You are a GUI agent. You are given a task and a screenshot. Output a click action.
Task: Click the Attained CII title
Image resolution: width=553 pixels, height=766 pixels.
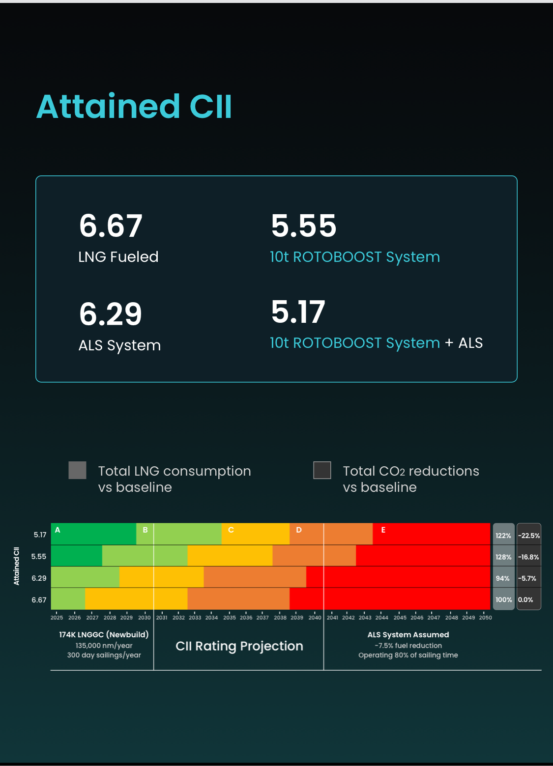134,107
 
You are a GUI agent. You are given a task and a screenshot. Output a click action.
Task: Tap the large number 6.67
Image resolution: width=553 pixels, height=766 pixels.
111,226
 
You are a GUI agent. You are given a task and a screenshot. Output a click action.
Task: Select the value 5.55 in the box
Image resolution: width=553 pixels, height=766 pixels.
304,226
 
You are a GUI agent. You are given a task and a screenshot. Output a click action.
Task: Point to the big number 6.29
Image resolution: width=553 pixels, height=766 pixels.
111,314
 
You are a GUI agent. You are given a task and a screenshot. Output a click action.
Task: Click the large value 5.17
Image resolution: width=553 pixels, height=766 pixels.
298,312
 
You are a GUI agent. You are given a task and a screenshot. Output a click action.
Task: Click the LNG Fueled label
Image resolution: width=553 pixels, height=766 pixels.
118,257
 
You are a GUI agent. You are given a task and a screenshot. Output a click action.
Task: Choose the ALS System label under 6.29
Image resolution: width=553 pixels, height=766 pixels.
119,345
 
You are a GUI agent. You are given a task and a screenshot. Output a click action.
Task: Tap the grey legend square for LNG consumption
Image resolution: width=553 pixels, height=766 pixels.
77,470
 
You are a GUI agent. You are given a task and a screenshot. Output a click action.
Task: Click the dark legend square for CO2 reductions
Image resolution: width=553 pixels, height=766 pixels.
322,470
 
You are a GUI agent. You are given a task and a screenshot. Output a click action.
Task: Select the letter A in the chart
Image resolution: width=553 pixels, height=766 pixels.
58,530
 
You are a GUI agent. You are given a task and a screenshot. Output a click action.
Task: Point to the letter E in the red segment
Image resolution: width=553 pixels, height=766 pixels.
383,530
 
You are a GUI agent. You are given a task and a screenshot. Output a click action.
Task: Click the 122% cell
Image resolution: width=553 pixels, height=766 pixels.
503,536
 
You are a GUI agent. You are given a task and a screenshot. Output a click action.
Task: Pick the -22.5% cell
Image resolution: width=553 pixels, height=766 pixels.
529,536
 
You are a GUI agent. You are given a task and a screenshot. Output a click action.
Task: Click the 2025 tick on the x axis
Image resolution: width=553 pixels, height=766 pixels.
57,618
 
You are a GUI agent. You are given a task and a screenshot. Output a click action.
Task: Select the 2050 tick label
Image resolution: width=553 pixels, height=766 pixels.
485,618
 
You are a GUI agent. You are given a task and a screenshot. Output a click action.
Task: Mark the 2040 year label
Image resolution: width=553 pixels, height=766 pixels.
315,618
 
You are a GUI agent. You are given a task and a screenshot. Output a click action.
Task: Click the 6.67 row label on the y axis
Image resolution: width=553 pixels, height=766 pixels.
39,600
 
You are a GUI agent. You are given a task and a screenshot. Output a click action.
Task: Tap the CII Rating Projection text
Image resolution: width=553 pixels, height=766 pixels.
239,646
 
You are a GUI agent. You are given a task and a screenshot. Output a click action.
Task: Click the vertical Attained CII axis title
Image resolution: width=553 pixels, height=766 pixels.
17,566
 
